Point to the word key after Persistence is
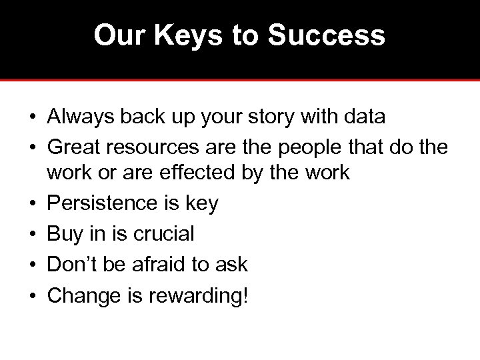point(202,203)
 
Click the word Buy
point(63,233)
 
